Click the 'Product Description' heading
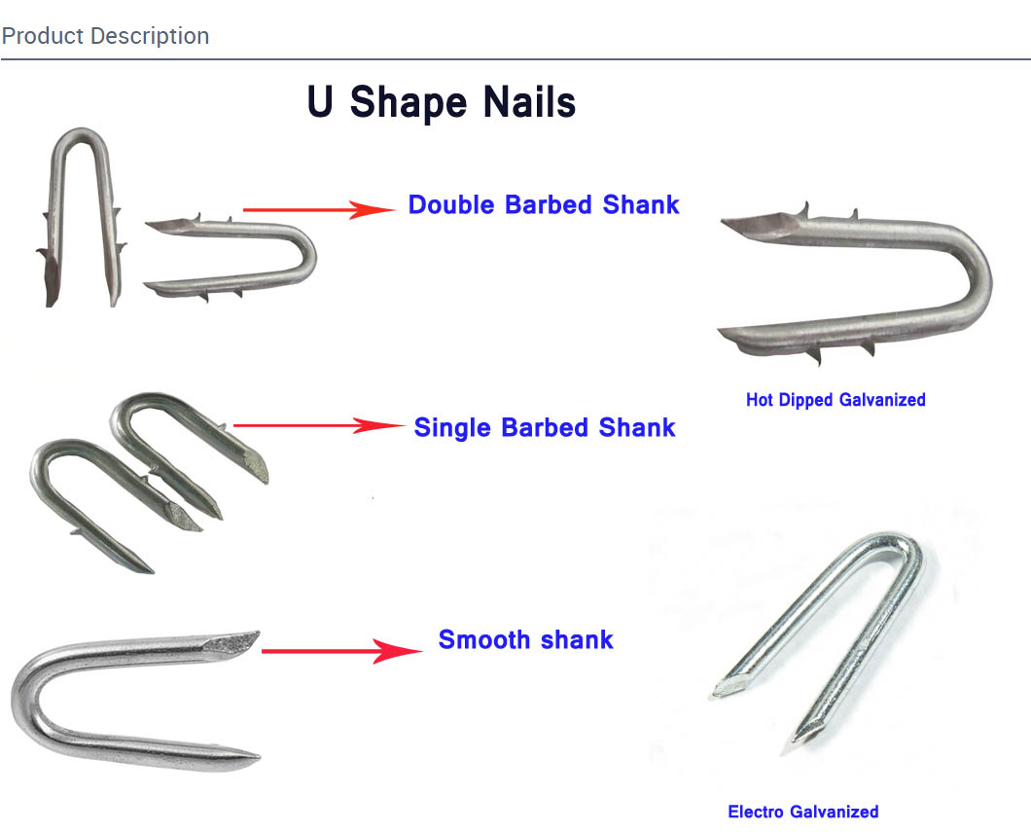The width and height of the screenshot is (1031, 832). [105, 36]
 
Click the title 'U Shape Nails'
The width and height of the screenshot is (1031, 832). [442, 102]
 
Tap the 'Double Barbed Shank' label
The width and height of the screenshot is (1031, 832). [543, 204]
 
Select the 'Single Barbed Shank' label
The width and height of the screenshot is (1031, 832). [545, 427]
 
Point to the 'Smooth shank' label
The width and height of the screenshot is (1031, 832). [526, 639]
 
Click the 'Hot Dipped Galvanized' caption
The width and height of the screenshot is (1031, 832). [835, 400]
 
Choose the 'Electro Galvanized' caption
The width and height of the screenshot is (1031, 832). [802, 812]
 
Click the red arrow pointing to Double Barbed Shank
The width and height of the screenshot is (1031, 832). [319, 210]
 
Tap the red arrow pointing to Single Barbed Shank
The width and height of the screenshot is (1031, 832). [319, 425]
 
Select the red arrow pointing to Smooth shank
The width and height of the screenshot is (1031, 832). [342, 651]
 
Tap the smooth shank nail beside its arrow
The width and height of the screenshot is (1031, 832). [26, 697]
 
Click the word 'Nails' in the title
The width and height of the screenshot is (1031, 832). [529, 102]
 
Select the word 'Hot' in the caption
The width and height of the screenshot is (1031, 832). [760, 400]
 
